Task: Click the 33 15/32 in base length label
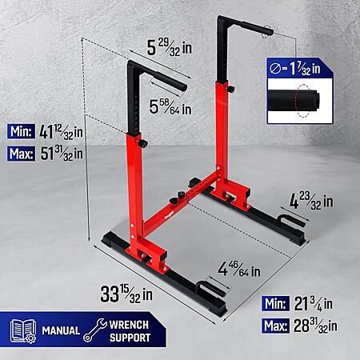click(x=126, y=294)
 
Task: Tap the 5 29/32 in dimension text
click(x=170, y=47)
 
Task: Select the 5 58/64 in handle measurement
click(x=170, y=106)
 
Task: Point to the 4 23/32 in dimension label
click(x=311, y=201)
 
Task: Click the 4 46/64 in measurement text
click(x=239, y=270)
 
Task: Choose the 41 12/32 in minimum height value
click(x=61, y=132)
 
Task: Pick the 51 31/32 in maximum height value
click(x=62, y=154)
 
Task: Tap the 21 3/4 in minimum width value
click(x=314, y=304)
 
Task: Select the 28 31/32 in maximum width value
click(x=315, y=326)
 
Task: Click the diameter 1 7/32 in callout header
click(x=295, y=69)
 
